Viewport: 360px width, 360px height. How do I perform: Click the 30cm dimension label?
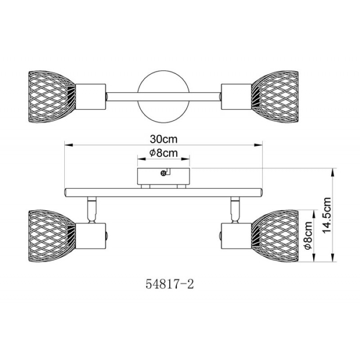(x=164, y=139)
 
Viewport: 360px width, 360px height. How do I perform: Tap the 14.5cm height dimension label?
(x=327, y=215)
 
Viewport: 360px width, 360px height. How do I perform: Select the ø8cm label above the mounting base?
(x=163, y=153)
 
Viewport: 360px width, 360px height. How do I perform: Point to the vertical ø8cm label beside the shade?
(x=308, y=235)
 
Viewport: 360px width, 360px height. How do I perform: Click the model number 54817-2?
(x=170, y=284)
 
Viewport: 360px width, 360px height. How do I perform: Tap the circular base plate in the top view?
(x=163, y=97)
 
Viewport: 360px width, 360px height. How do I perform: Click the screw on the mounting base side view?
(x=163, y=173)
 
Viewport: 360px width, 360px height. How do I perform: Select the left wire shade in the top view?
(x=52, y=97)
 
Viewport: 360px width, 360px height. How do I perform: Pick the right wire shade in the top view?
(x=275, y=97)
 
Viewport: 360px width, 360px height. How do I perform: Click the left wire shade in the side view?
(x=52, y=236)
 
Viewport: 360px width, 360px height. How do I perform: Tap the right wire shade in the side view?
(x=275, y=236)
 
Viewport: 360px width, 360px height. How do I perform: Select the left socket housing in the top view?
(x=91, y=97)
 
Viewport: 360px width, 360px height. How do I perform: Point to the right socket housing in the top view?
(x=236, y=97)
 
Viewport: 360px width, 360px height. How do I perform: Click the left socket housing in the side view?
(x=91, y=236)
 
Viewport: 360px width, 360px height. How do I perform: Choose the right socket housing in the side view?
(x=236, y=236)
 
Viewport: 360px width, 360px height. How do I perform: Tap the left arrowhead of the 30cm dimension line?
(x=69, y=145)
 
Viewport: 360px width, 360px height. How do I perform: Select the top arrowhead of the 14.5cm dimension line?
(x=333, y=172)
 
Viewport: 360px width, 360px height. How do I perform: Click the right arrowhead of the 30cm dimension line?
(x=258, y=145)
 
